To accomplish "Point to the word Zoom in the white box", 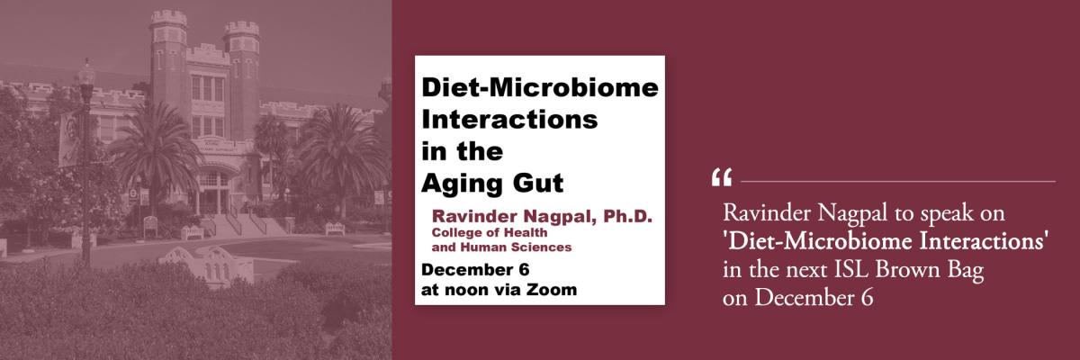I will click(552, 290).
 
